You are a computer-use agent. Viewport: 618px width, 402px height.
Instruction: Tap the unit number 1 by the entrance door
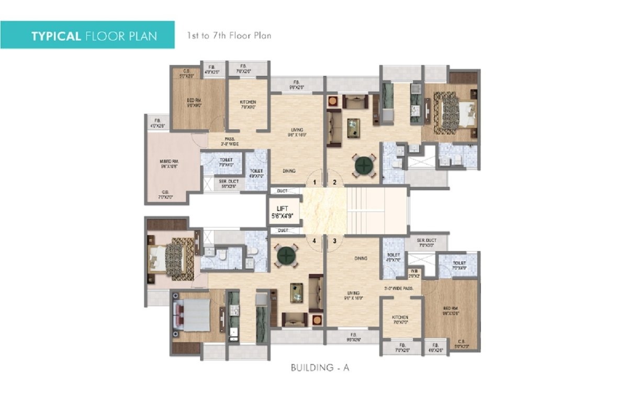click(x=314, y=182)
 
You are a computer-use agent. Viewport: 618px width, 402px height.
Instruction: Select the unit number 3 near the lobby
click(x=334, y=241)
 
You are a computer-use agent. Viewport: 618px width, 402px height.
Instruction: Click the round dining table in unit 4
click(x=287, y=256)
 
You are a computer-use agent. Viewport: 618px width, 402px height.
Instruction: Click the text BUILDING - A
click(x=320, y=368)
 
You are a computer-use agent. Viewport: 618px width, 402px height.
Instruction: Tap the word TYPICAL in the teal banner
click(x=55, y=36)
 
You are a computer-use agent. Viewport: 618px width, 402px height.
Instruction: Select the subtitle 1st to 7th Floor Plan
click(x=229, y=36)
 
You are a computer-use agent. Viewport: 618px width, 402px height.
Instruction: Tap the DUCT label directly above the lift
click(x=283, y=191)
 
